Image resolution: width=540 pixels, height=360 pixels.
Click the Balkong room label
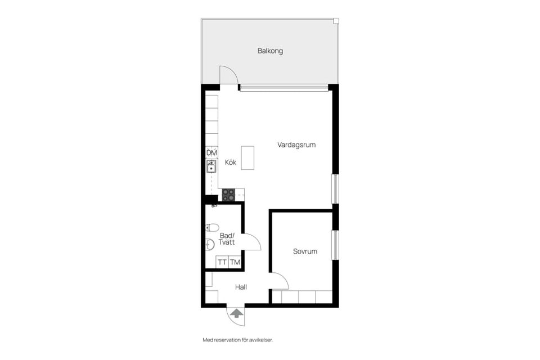coord(271,51)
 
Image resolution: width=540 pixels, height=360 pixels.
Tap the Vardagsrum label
coord(296,145)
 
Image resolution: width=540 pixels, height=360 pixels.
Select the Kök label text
coord(231,162)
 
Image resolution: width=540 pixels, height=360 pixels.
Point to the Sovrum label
coord(305,251)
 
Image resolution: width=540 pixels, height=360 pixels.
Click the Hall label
coord(241,287)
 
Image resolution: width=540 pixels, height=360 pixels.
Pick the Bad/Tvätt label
coord(227,238)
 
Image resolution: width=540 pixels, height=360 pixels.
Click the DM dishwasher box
coord(211,152)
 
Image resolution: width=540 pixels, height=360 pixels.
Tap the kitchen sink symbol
coord(211,166)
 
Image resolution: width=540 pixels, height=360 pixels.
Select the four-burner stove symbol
coord(228,195)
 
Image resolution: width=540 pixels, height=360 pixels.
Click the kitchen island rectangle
coord(247,157)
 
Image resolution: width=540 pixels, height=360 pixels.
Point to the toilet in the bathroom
coord(212,227)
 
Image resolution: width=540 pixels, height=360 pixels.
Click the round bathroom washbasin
coord(210,244)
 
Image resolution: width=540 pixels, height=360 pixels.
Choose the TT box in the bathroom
coord(222,262)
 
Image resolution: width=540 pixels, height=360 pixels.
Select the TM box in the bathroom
coord(235,262)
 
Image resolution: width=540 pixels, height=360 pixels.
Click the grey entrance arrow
coord(236,313)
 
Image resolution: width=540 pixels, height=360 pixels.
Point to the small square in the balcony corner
coord(336,21)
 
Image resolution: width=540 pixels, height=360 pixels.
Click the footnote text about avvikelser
coord(237,340)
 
